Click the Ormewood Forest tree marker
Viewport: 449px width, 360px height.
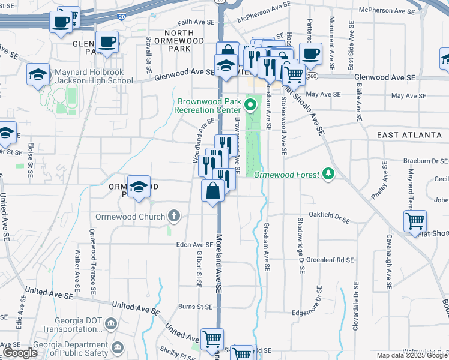coord(328,175)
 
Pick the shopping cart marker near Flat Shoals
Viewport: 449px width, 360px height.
coord(415,221)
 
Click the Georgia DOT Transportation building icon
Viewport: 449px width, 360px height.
coord(112,324)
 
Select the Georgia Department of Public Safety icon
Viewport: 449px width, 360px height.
coord(118,348)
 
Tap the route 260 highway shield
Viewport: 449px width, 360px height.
coord(311,77)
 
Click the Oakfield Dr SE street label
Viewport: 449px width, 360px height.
coord(329,214)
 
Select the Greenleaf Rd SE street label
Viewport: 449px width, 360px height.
coord(330,260)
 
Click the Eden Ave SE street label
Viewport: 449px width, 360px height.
coord(195,245)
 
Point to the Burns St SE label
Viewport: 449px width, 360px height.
coord(196,307)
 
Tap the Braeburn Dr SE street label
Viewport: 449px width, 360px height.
coord(426,161)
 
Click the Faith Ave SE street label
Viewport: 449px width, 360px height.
coord(196,22)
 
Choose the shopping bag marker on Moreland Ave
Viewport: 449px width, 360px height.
coord(213,191)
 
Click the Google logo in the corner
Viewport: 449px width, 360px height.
coord(20,353)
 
